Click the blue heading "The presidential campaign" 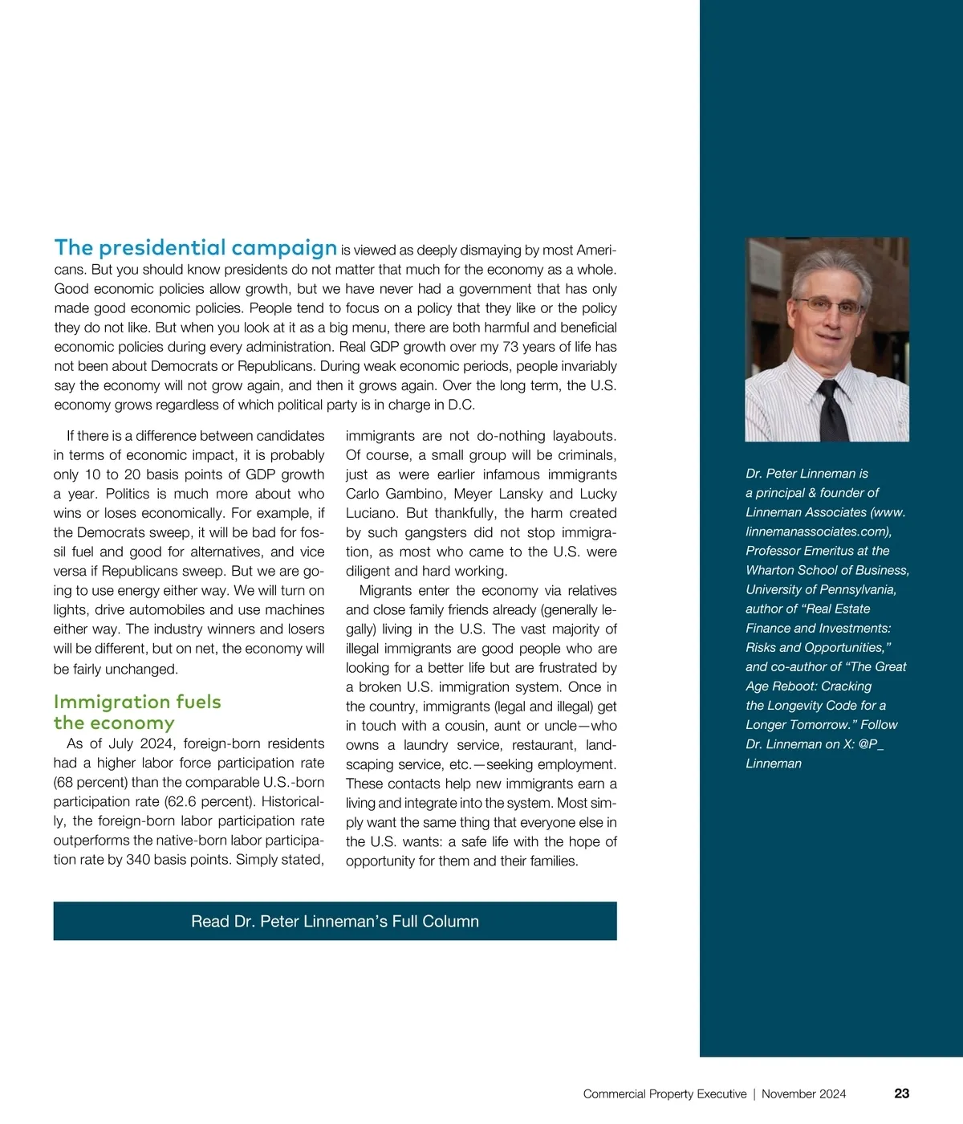pyautogui.click(x=195, y=248)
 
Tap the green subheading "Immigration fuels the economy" pyautogui.click(x=136, y=712)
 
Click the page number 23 pyautogui.click(x=901, y=1093)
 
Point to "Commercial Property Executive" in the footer pyautogui.click(x=664, y=1094)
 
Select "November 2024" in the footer pyautogui.click(x=803, y=1094)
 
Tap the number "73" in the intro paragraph pyautogui.click(x=510, y=347)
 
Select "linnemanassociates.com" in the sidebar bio pyautogui.click(x=817, y=531)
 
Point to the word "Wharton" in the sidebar pyautogui.click(x=770, y=570)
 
